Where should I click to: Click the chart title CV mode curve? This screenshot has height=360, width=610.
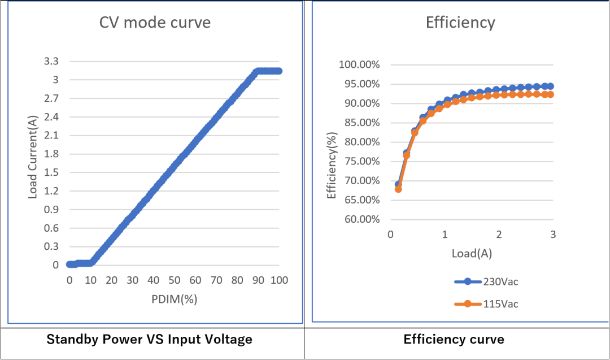155,23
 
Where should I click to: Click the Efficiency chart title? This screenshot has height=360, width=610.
460,23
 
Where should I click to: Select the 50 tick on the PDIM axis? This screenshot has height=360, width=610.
175,280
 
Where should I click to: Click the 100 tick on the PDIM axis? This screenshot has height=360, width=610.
279,280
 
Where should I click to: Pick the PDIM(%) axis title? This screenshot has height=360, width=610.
174,300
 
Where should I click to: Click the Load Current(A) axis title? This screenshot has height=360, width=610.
33,162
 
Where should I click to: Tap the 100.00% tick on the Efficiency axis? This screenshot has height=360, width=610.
359,64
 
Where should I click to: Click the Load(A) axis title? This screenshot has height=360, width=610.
472,254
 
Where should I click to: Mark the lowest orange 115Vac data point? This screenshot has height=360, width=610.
398,189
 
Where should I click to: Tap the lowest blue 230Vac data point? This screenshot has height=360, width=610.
398,184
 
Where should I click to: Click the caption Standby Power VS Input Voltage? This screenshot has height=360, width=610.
149,340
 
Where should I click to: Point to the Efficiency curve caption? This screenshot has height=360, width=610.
454,340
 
